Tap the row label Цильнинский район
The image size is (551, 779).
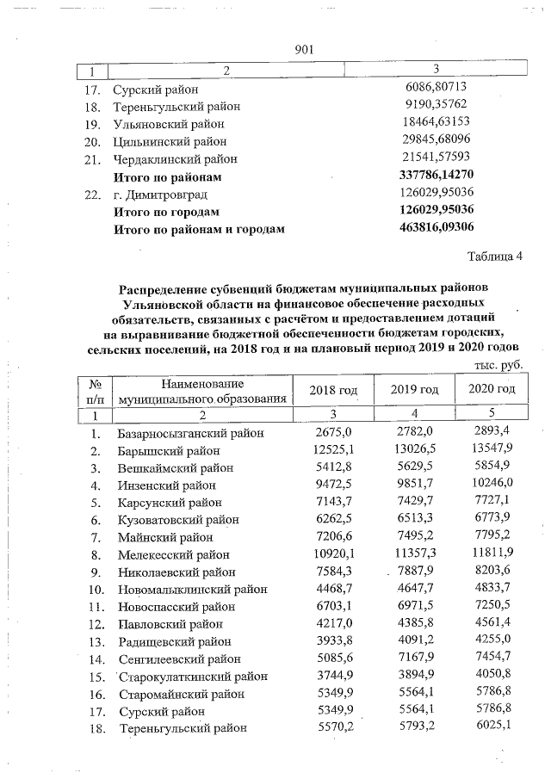pyautogui.click(x=169, y=142)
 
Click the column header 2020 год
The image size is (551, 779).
pyautogui.click(x=492, y=390)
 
